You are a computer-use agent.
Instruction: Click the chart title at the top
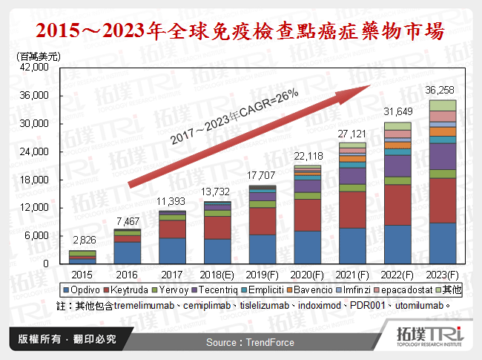click(241, 31)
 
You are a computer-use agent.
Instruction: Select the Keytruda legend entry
click(131, 289)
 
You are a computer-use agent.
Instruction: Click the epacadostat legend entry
click(397, 289)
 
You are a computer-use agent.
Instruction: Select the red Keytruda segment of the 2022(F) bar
click(397, 206)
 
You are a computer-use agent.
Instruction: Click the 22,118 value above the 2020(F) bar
click(308, 156)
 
